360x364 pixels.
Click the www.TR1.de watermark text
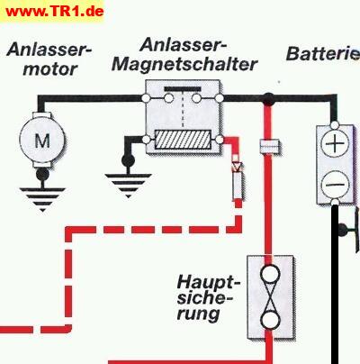click(x=55, y=12)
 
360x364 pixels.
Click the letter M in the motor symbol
click(x=42, y=141)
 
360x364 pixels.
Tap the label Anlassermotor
click(x=49, y=59)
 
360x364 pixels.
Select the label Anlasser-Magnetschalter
click(x=184, y=55)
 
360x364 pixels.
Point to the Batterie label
click(x=323, y=53)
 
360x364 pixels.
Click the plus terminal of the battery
click(x=335, y=143)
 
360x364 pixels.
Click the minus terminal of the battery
click(x=335, y=184)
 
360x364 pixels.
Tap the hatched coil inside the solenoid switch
click(x=183, y=140)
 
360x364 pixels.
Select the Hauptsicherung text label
click(x=205, y=298)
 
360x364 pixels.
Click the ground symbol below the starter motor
click(x=42, y=199)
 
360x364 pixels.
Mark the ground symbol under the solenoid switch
click(x=128, y=186)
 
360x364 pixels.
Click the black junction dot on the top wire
click(x=268, y=98)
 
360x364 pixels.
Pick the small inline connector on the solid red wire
click(x=270, y=147)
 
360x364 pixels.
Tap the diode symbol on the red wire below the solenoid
click(x=237, y=166)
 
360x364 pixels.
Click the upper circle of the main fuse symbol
click(x=270, y=274)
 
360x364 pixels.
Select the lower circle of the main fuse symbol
click(x=270, y=320)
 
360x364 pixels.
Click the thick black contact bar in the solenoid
click(x=183, y=89)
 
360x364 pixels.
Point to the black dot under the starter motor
click(x=42, y=174)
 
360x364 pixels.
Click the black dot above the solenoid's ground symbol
click(x=128, y=160)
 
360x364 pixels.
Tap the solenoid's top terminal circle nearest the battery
click(x=220, y=98)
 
